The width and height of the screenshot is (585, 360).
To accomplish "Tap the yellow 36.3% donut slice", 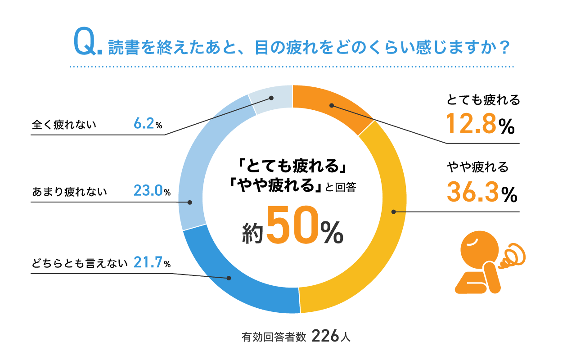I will point(387,211).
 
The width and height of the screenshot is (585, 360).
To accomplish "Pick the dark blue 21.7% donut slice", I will point(234,279).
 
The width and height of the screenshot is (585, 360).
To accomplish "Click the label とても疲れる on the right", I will point(483,100).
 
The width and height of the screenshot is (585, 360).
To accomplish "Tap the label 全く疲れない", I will point(64,125).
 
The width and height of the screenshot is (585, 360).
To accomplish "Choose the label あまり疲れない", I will point(70,192).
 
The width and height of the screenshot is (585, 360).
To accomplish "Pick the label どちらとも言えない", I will point(80,263).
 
